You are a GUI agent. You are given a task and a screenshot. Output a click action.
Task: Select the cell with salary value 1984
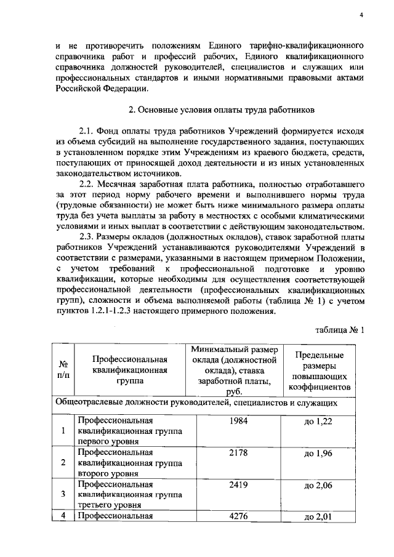[x=238, y=420]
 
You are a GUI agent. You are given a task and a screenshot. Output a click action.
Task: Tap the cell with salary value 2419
[x=238, y=484]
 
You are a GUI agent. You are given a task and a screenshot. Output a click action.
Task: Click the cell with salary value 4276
[x=238, y=516]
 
